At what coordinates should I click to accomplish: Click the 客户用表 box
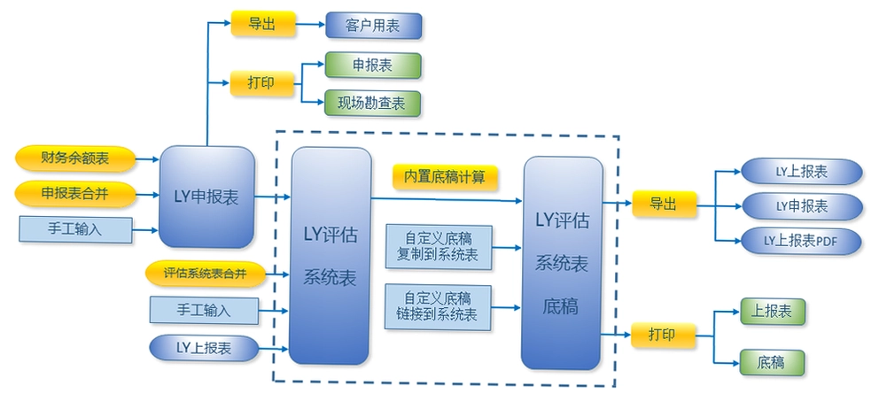[373, 26]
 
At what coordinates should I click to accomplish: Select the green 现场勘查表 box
[372, 104]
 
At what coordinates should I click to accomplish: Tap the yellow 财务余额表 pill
[75, 159]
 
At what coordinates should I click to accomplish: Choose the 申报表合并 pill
[75, 194]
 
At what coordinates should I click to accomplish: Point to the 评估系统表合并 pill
[205, 274]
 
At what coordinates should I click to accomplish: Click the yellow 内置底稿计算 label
[445, 178]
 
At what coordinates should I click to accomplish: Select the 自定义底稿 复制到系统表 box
[438, 247]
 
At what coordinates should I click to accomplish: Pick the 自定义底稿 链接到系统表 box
[438, 306]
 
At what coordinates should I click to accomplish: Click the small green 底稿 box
[772, 363]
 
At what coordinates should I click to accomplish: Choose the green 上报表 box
[772, 313]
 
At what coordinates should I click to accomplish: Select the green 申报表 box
[372, 65]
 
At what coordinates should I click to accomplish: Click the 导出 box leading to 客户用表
[262, 24]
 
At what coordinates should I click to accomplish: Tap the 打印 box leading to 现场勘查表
[261, 83]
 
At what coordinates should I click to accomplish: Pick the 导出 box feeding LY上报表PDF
[664, 204]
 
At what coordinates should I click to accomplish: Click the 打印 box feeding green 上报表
[663, 336]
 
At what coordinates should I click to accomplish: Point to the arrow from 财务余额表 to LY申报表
[148, 159]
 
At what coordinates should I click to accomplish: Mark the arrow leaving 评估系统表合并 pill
[277, 274]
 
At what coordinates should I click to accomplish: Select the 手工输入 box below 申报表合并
[75, 229]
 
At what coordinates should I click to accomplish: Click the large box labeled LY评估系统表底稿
[563, 264]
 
